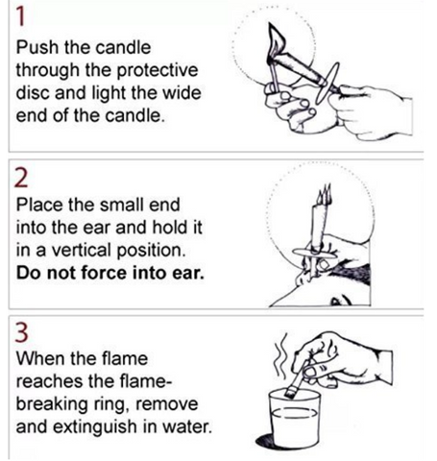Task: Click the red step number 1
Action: [x=20, y=16]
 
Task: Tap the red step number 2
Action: [x=21, y=178]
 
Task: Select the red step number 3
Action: [x=21, y=333]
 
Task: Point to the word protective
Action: [x=157, y=71]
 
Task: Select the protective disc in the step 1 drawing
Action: [x=327, y=84]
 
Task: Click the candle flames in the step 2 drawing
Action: [x=325, y=195]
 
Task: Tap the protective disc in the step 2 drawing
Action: [x=314, y=254]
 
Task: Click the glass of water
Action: [x=294, y=418]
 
